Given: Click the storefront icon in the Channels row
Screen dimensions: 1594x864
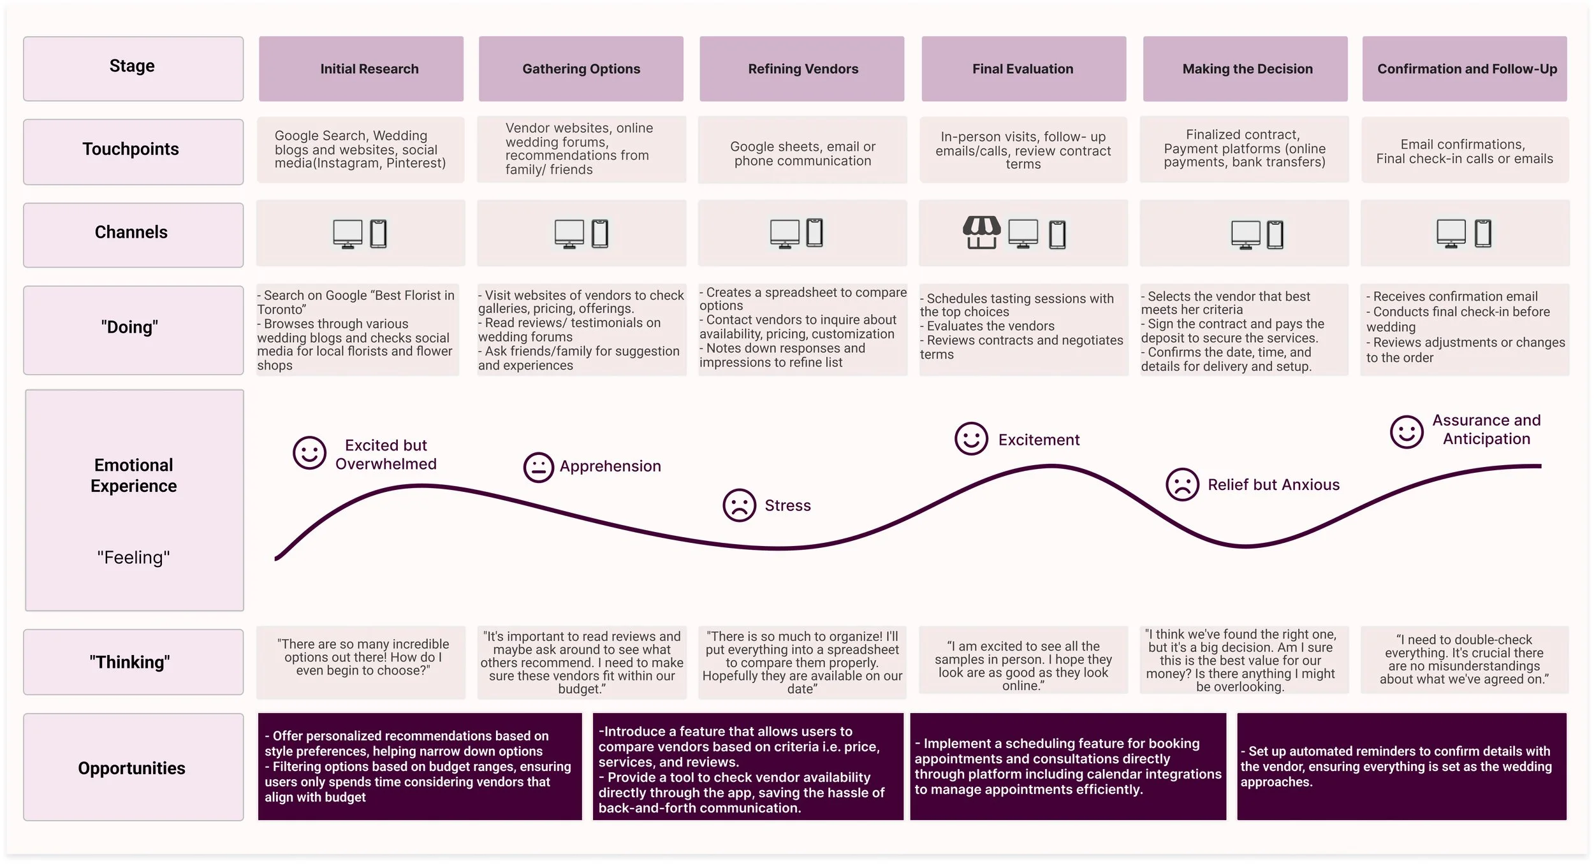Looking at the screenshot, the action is (981, 233).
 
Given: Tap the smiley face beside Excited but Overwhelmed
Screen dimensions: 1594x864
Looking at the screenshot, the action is (309, 453).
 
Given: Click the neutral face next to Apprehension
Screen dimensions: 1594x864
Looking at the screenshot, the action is (538, 468).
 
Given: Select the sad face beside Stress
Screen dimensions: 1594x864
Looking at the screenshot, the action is (739, 505).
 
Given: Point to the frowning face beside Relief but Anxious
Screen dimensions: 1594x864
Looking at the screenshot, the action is (1182, 484).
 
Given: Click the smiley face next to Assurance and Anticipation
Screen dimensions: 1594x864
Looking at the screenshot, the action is (1407, 432).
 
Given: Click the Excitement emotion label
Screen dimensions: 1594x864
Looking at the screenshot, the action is (1039, 440).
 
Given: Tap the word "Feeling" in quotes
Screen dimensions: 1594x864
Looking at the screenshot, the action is (133, 558).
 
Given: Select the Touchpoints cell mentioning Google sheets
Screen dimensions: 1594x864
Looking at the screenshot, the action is (802, 153).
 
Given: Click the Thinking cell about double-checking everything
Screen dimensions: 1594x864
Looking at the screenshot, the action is (1465, 660).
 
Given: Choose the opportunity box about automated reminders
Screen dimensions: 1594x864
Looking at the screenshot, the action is (1401, 767).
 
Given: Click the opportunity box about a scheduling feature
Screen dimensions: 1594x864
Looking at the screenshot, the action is (1068, 767).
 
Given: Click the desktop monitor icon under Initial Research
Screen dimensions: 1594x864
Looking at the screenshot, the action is (347, 234).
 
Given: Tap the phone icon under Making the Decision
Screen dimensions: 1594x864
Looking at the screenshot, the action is (1275, 234).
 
